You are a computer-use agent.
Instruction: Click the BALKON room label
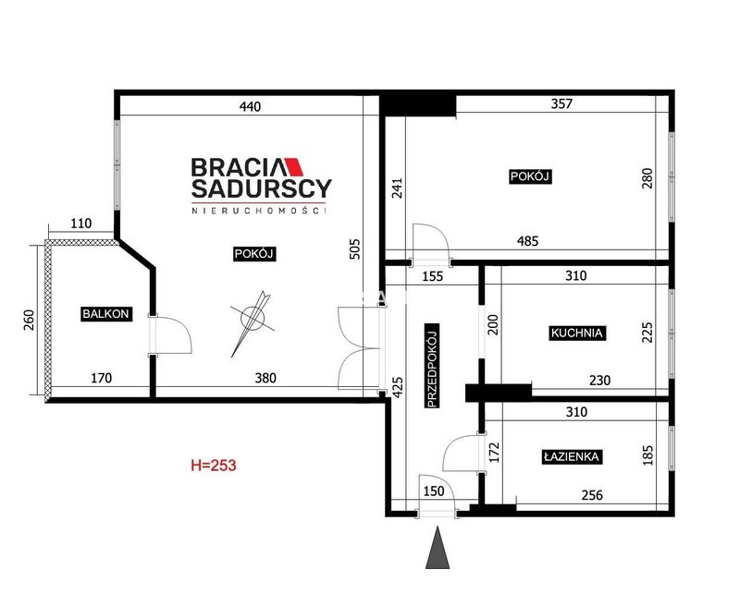tap(105, 314)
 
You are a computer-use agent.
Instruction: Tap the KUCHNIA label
tap(576, 333)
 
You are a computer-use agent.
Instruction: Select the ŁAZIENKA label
tap(572, 456)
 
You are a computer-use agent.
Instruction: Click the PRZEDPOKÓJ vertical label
tap(432, 366)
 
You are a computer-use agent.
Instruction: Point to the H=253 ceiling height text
tap(214, 466)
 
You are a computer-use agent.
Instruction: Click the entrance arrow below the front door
tap(438, 548)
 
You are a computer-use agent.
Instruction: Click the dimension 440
tap(250, 106)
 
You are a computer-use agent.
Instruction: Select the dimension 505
tap(354, 249)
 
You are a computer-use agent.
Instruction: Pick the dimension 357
tap(561, 103)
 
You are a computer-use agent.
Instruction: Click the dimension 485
tap(527, 241)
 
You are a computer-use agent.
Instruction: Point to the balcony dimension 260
tap(29, 320)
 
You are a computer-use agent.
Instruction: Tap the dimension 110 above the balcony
tap(81, 223)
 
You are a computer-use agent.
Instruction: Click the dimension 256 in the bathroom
tap(592, 495)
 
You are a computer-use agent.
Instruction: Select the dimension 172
tap(494, 452)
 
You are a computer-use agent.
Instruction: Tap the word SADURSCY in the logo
tap(262, 188)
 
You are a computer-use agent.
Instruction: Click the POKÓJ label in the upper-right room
tap(530, 176)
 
